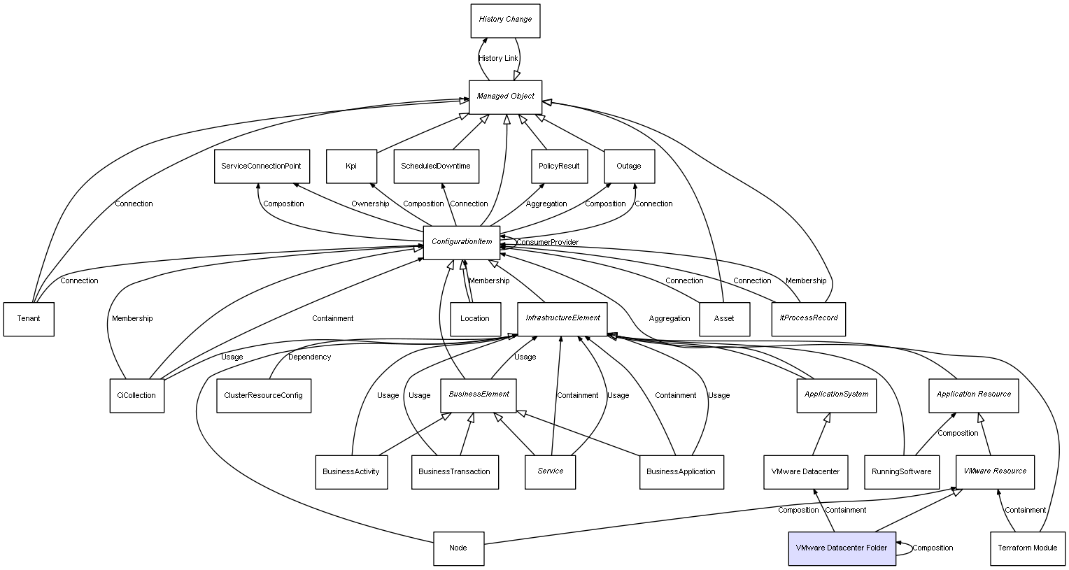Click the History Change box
click(505, 20)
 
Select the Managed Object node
click(505, 97)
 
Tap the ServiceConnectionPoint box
click(261, 166)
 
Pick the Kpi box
click(351, 166)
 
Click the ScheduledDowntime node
click(436, 166)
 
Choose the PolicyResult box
click(559, 166)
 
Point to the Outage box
click(629, 166)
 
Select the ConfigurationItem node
click(462, 242)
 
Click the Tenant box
click(29, 319)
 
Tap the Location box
click(475, 319)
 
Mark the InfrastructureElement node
click(562, 318)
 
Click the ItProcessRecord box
click(809, 318)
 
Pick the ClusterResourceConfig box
click(263, 396)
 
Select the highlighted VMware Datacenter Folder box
click(842, 548)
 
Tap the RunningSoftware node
click(901, 472)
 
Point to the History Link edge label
click(498, 59)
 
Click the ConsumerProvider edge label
click(548, 243)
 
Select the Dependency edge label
click(309, 357)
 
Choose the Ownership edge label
click(370, 204)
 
